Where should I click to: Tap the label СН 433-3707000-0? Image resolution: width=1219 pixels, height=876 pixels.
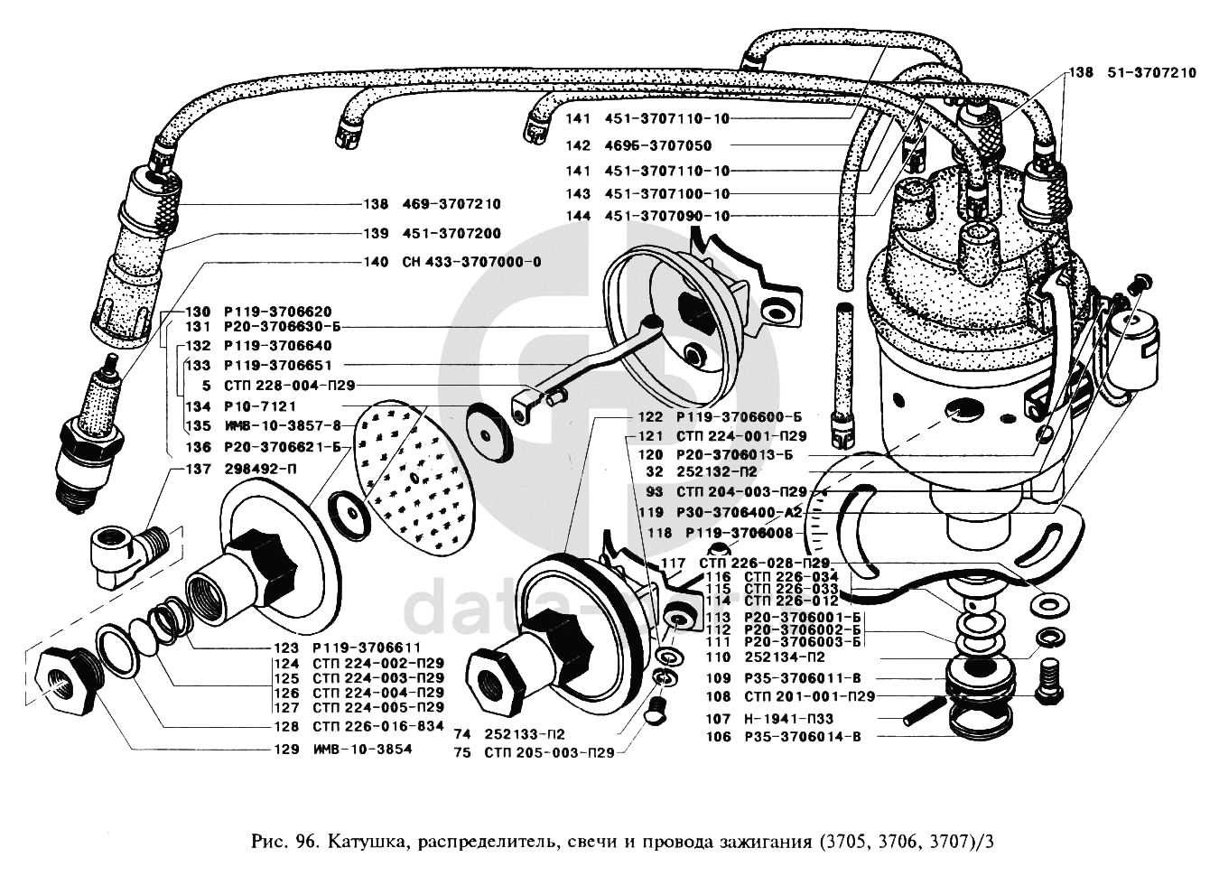pyautogui.click(x=466, y=263)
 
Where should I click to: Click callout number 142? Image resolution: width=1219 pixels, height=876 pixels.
pyautogui.click(x=578, y=146)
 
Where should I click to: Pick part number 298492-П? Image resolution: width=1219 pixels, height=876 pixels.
pyautogui.click(x=263, y=470)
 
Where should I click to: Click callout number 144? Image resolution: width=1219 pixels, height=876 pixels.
pyautogui.click(x=578, y=217)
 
